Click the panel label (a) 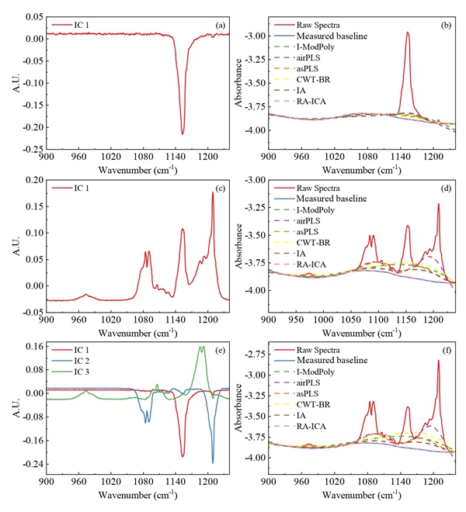[x=221, y=25]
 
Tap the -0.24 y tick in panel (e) [x=30, y=465]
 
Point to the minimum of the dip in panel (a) [x=183, y=134]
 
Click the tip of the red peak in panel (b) [x=408, y=33]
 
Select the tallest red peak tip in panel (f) [x=439, y=360]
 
